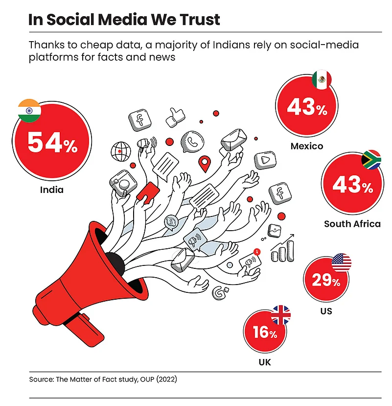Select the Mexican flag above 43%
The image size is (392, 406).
321,80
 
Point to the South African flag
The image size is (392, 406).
370,160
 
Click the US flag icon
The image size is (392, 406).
341,263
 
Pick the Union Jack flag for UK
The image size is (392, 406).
280,315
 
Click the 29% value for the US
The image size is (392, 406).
326,281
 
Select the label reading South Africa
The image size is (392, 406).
352,224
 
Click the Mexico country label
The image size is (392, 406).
306,146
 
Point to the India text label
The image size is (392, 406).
52,189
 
